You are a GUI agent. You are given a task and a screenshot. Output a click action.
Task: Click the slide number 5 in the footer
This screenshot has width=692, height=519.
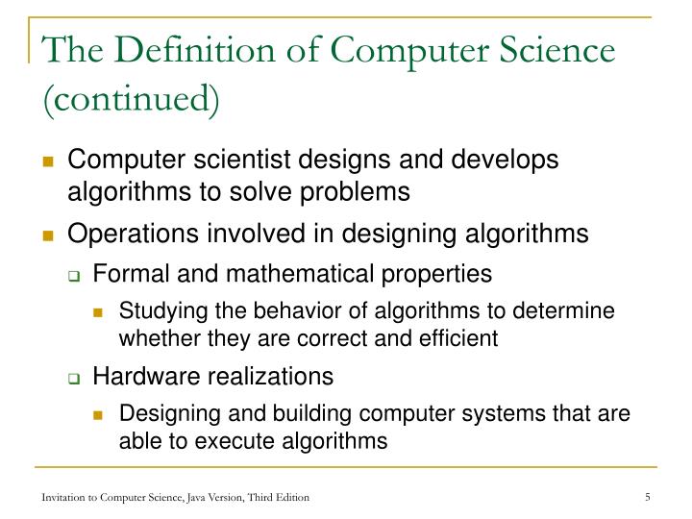[x=649, y=496]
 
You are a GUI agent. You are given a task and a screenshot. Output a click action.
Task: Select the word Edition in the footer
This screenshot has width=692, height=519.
[x=289, y=496]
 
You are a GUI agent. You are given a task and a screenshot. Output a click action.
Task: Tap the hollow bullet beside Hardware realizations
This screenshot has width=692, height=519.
[x=74, y=377]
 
